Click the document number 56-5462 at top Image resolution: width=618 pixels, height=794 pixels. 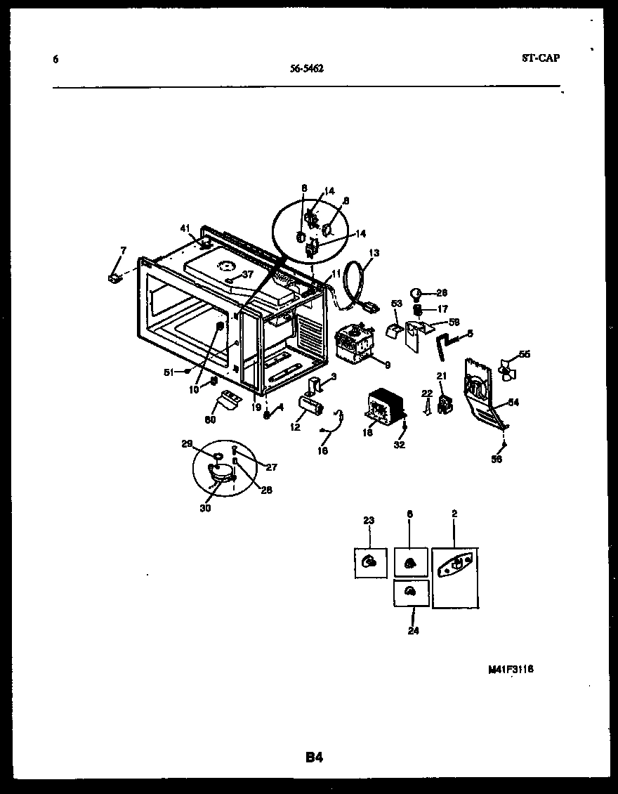click(307, 69)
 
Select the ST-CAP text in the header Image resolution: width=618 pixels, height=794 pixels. click(541, 58)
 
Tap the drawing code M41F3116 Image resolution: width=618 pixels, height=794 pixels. click(511, 670)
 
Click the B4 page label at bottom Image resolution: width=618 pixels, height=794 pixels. click(314, 757)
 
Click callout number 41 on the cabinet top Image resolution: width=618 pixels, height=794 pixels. click(185, 228)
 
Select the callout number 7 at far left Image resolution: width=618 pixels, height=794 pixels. click(124, 250)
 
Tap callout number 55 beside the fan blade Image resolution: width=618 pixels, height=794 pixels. click(524, 354)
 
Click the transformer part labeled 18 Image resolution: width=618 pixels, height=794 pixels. click(385, 408)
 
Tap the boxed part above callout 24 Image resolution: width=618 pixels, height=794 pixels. click(411, 592)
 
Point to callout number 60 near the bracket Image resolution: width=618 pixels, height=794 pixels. click(211, 419)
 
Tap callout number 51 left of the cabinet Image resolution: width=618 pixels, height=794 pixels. click(169, 372)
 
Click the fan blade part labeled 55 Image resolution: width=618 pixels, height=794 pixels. click(507, 367)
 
